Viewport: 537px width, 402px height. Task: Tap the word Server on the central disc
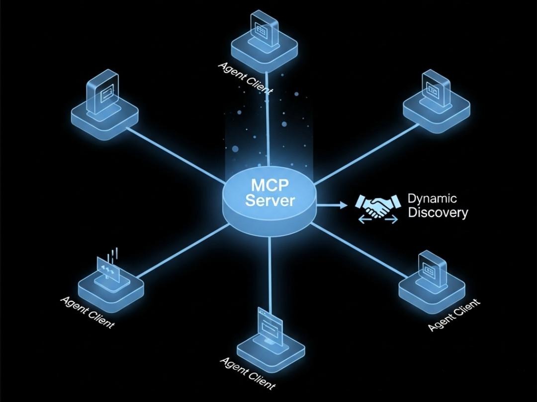click(x=270, y=201)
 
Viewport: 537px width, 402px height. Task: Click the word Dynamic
click(x=432, y=199)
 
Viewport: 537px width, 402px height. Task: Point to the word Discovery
click(x=438, y=213)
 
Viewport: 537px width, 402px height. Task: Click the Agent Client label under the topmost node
click(x=245, y=78)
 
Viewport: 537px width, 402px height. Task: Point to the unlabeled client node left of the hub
click(x=104, y=107)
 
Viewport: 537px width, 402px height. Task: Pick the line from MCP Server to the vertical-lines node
click(x=184, y=251)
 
